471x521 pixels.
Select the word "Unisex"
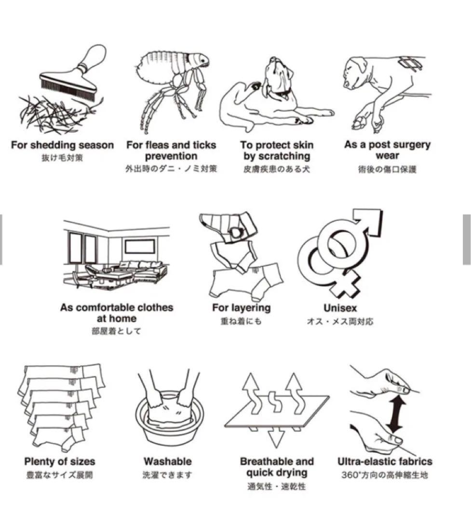(x=340, y=308)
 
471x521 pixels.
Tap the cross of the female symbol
(x=346, y=285)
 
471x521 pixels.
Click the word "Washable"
(x=168, y=462)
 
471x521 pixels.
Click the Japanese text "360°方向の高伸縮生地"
(x=385, y=475)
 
